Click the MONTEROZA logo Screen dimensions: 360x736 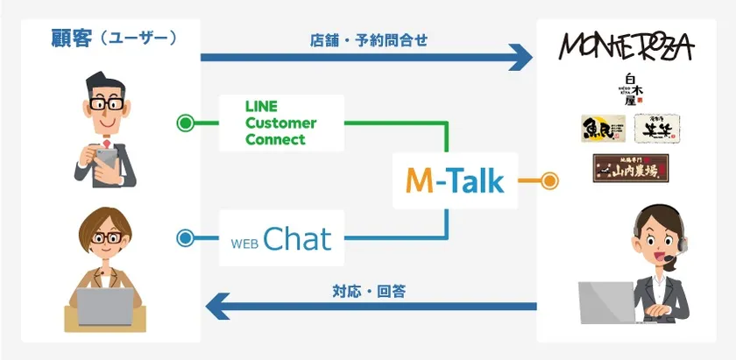tap(626, 46)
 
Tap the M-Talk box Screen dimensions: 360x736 tap(455, 180)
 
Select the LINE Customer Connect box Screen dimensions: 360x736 tap(281, 124)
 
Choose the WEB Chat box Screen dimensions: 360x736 tap(281, 237)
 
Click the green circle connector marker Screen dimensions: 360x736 tap(185, 124)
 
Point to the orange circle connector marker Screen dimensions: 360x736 tap(549, 181)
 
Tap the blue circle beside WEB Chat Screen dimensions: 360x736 tap(185, 237)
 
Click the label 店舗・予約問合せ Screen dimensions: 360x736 tap(368, 40)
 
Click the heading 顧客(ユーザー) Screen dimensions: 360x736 tap(113, 39)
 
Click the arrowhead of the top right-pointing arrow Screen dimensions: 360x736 tap(520, 58)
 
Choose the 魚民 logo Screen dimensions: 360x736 tap(602, 130)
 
